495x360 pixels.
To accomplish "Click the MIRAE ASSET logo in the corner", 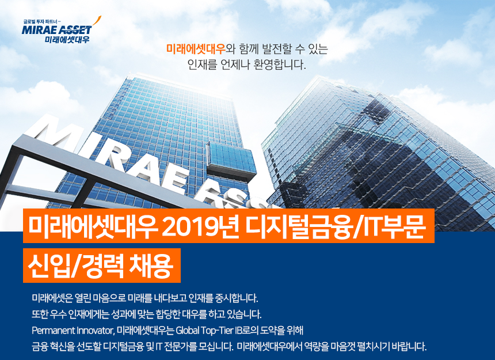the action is pos(57,30).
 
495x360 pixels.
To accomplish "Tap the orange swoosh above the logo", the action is pos(96,21).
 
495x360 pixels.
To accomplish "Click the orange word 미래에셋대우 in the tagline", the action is pos(196,49).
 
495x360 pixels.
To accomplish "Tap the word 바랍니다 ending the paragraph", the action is pos(409,347).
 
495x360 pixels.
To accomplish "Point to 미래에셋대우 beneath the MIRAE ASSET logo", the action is pos(67,40).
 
